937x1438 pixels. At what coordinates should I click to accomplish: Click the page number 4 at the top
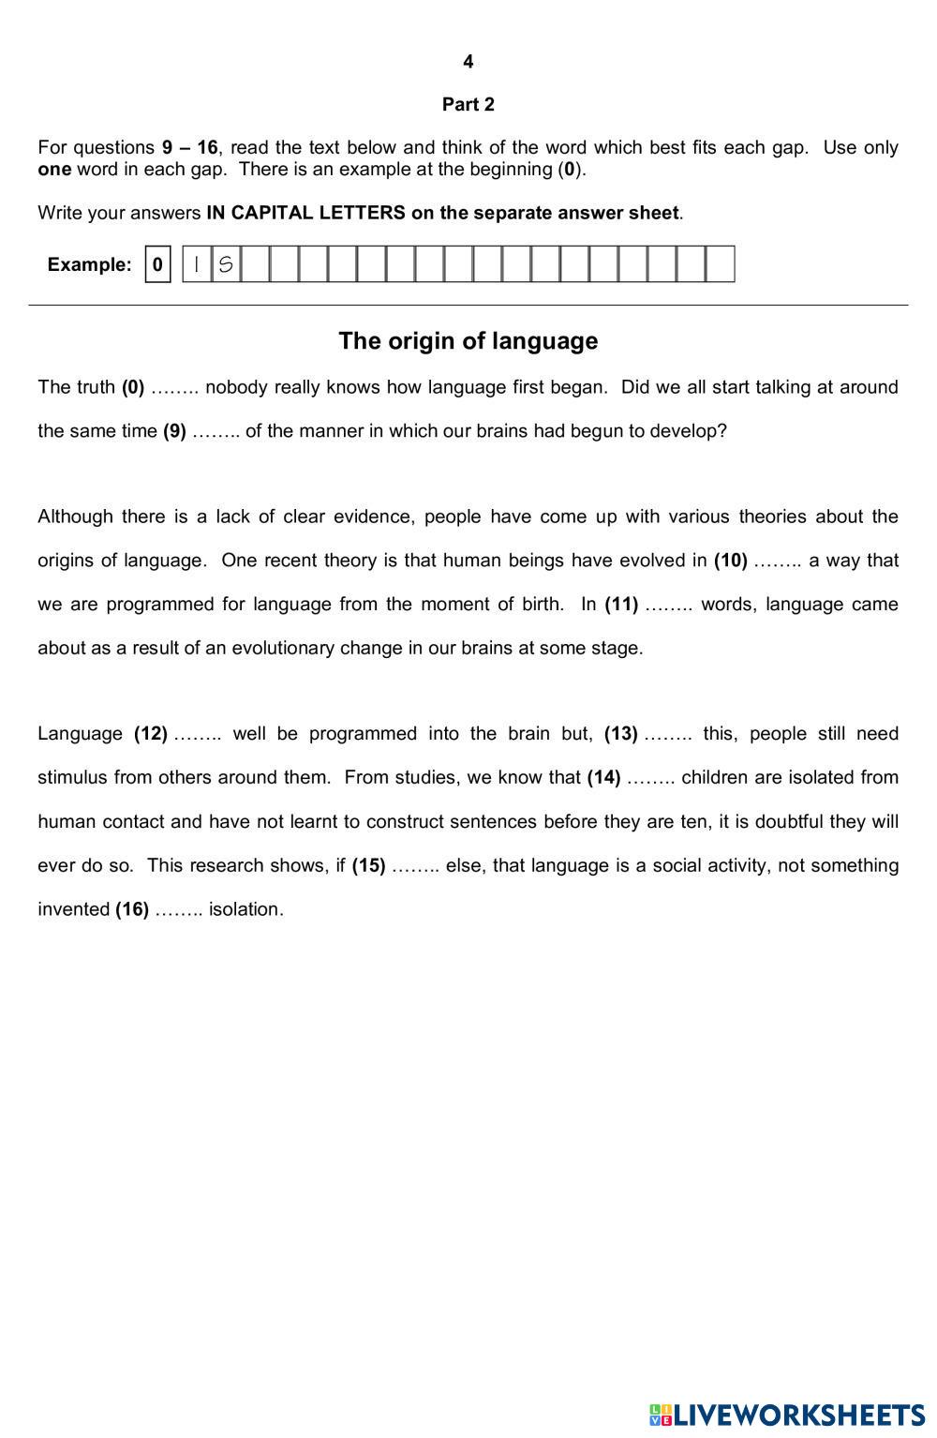[x=468, y=62]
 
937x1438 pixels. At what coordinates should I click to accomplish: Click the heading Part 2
[x=468, y=104]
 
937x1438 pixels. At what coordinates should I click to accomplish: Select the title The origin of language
[x=468, y=340]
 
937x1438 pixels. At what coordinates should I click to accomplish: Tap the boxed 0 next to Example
[x=157, y=264]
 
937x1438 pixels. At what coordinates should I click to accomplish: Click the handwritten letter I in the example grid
[x=196, y=264]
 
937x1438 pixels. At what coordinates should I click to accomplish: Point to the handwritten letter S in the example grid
[x=225, y=264]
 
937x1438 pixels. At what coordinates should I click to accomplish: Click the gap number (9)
[x=174, y=431]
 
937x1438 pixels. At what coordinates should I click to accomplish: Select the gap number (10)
[x=730, y=561]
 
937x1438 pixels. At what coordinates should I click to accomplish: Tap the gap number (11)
[x=621, y=605]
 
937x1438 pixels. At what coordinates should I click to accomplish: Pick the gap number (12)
[x=151, y=734]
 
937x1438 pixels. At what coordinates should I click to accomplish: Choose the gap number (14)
[x=603, y=777]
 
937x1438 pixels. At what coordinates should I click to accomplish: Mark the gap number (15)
[x=368, y=865]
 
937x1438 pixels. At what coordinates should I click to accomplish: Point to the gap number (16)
[x=132, y=909]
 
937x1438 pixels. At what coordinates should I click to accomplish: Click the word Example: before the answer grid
[x=90, y=264]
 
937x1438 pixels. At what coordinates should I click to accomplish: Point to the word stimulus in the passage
[x=71, y=777]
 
